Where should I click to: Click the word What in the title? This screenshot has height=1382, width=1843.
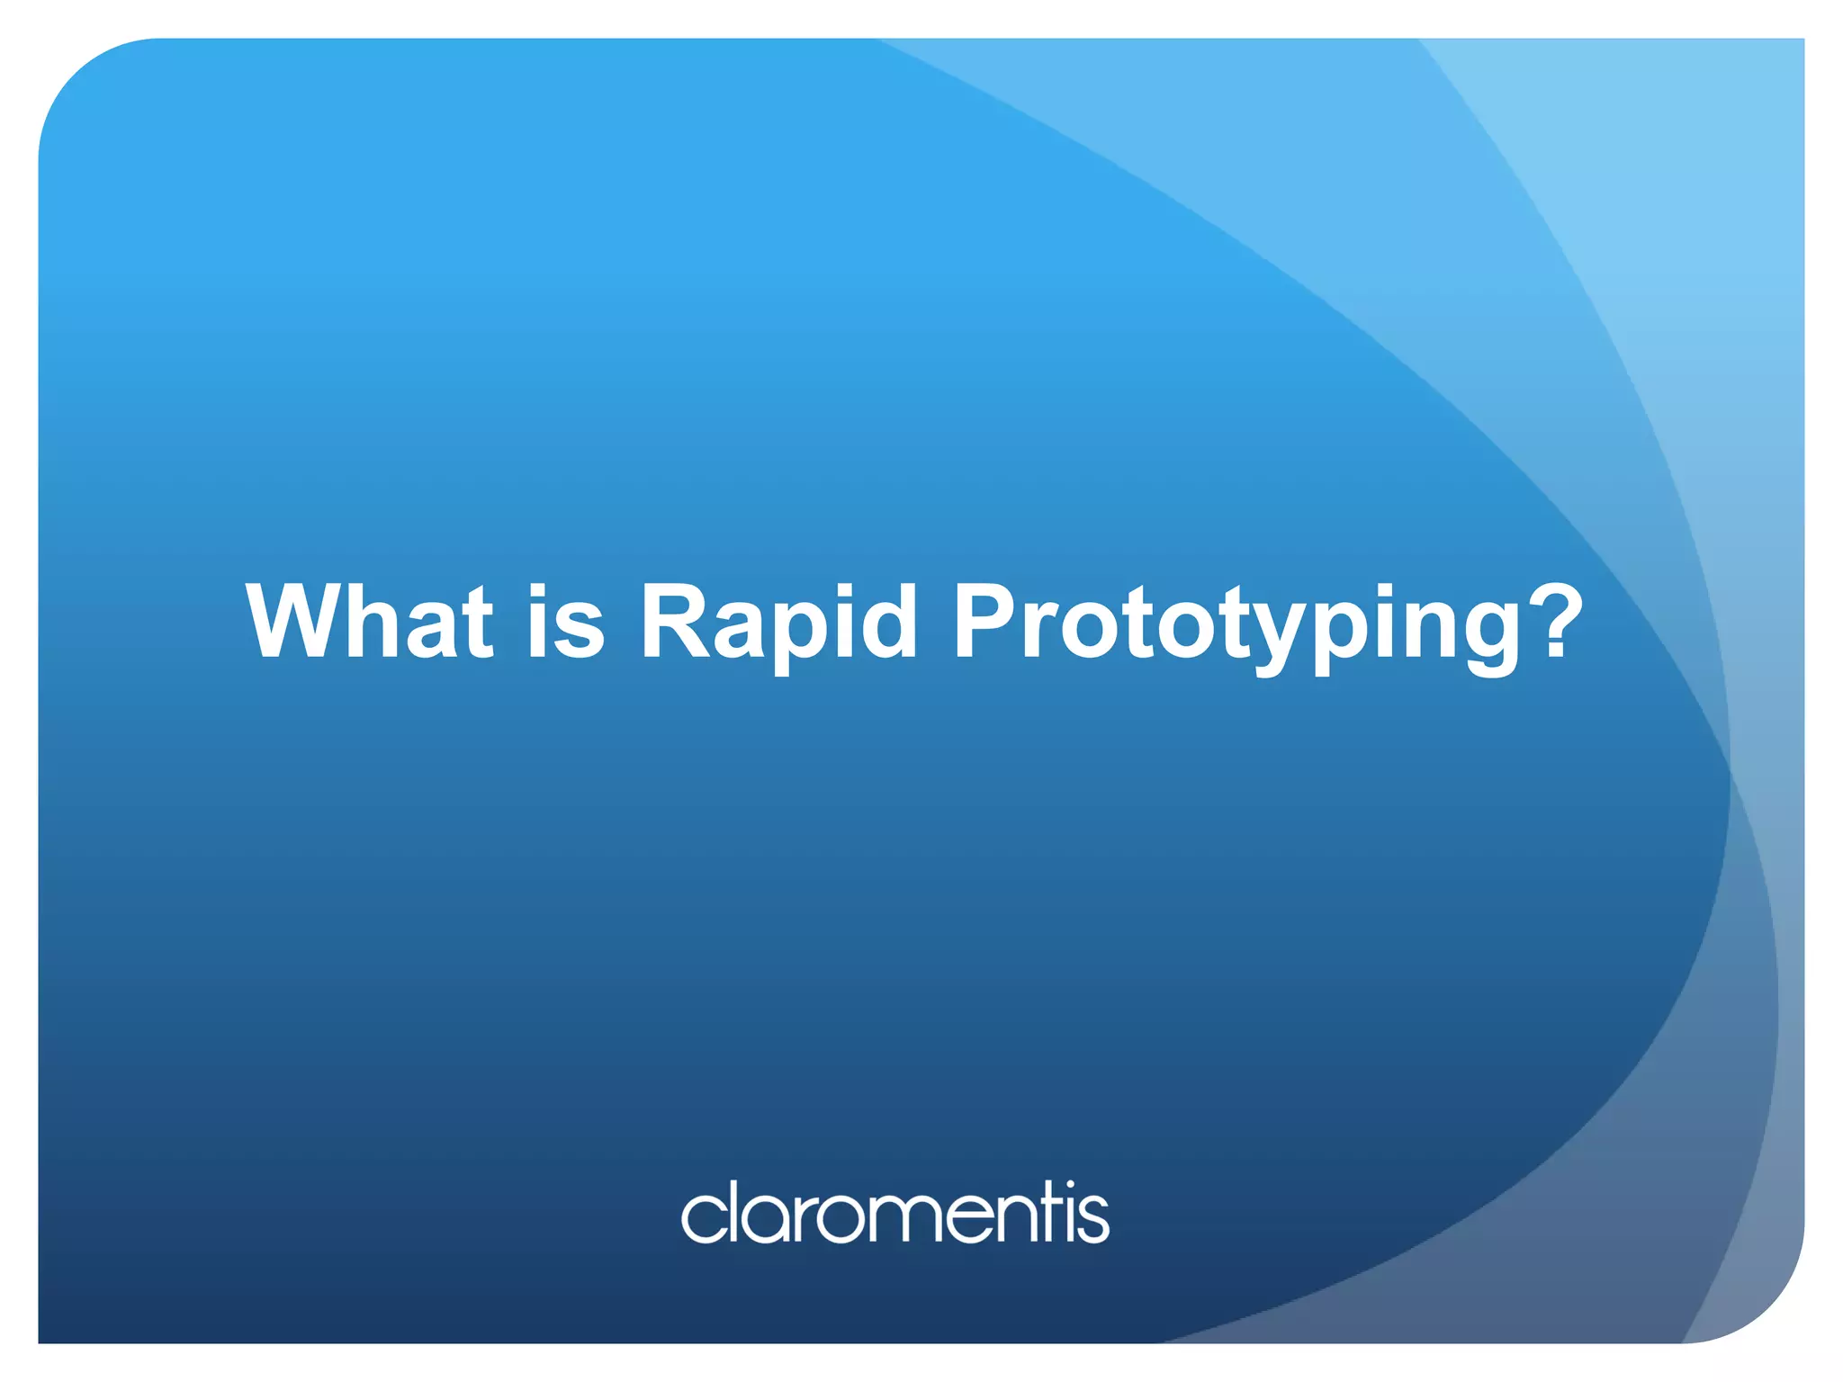pyautogui.click(x=369, y=621)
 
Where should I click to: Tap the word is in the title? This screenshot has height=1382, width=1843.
pyautogui.click(x=566, y=621)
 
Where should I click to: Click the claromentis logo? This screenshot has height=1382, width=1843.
pyautogui.click(x=895, y=1212)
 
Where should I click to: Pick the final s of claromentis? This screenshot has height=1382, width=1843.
pyautogui.click(x=1093, y=1218)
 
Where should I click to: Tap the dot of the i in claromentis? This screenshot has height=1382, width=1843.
pyautogui.click(x=1070, y=1185)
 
